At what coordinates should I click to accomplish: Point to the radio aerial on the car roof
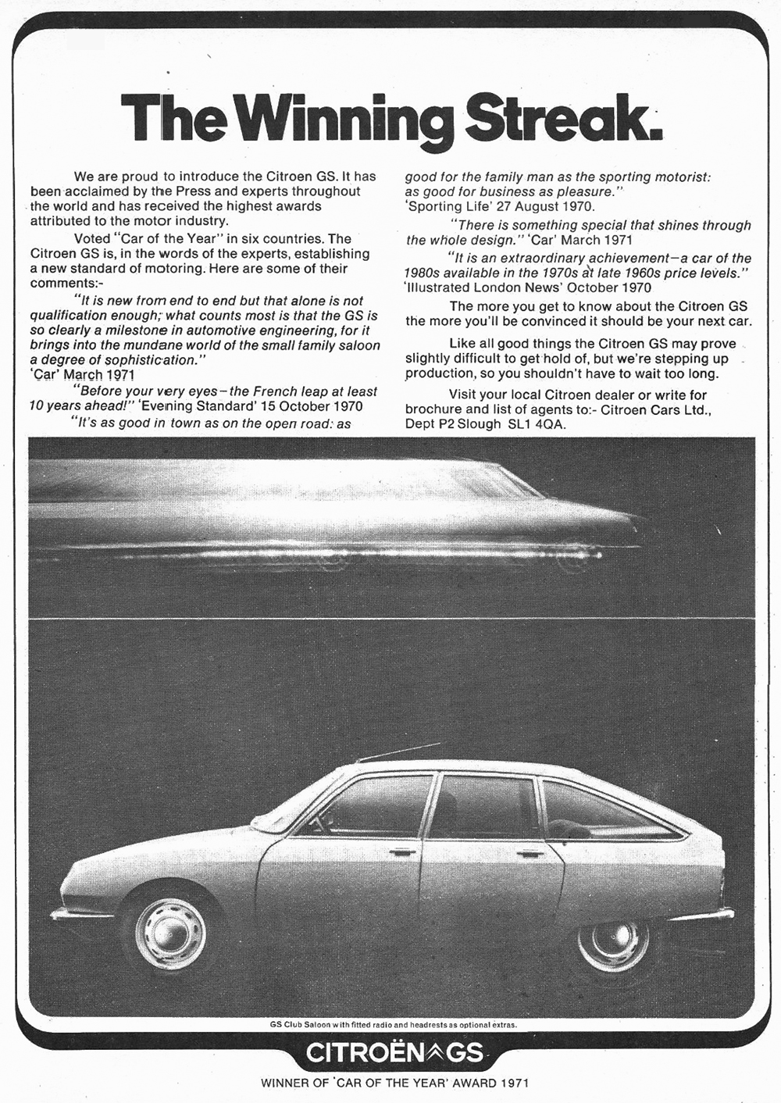pyautogui.click(x=398, y=751)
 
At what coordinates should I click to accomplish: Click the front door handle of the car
pyautogui.click(x=403, y=852)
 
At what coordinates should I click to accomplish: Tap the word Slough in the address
pyautogui.click(x=476, y=424)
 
